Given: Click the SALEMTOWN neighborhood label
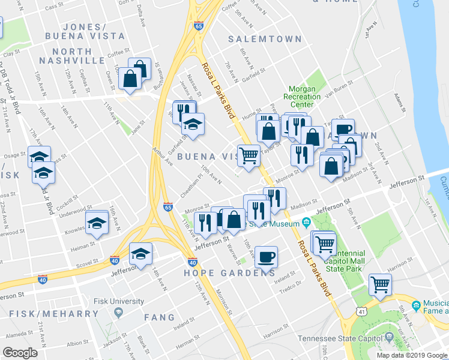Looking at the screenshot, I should (265, 39).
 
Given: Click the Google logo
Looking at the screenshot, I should (19, 353).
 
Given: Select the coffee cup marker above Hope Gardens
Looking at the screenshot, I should (266, 257).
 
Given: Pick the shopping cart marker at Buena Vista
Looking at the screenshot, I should (249, 155).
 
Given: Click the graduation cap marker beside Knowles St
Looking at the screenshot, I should (97, 223).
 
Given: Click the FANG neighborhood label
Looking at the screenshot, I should (159, 317).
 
